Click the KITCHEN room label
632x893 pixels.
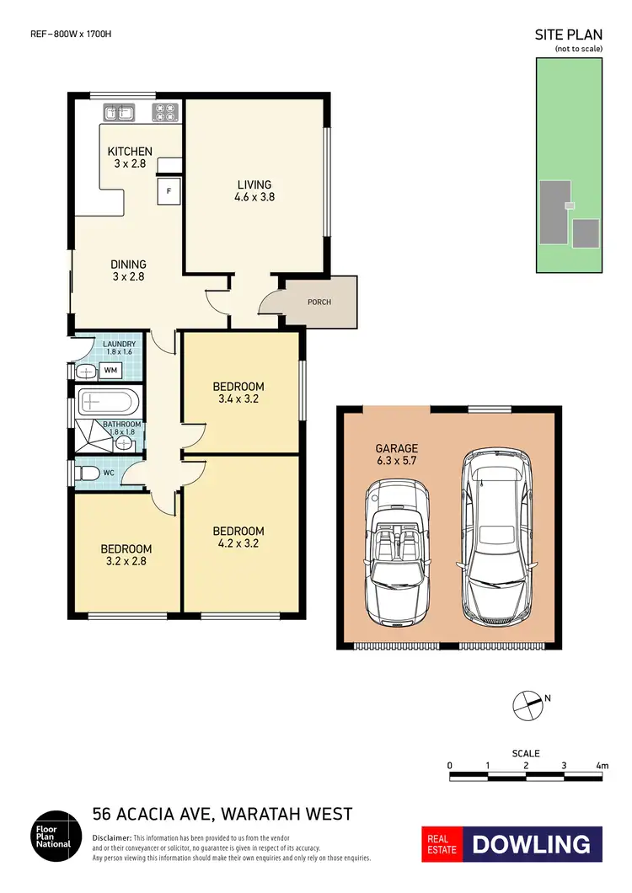point(130,158)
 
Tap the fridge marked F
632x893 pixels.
point(169,191)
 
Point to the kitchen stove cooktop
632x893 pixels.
point(163,112)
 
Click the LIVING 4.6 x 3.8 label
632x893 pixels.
point(254,190)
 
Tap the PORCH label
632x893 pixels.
point(319,302)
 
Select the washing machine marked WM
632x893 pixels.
point(110,370)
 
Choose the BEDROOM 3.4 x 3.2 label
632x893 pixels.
point(238,393)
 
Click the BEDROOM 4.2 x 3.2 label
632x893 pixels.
point(238,537)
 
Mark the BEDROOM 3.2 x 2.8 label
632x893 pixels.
point(126,554)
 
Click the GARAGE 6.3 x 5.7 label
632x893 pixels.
point(396,454)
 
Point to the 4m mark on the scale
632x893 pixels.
point(602,765)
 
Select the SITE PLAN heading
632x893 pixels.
point(568,35)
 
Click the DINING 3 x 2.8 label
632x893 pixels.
point(129,270)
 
